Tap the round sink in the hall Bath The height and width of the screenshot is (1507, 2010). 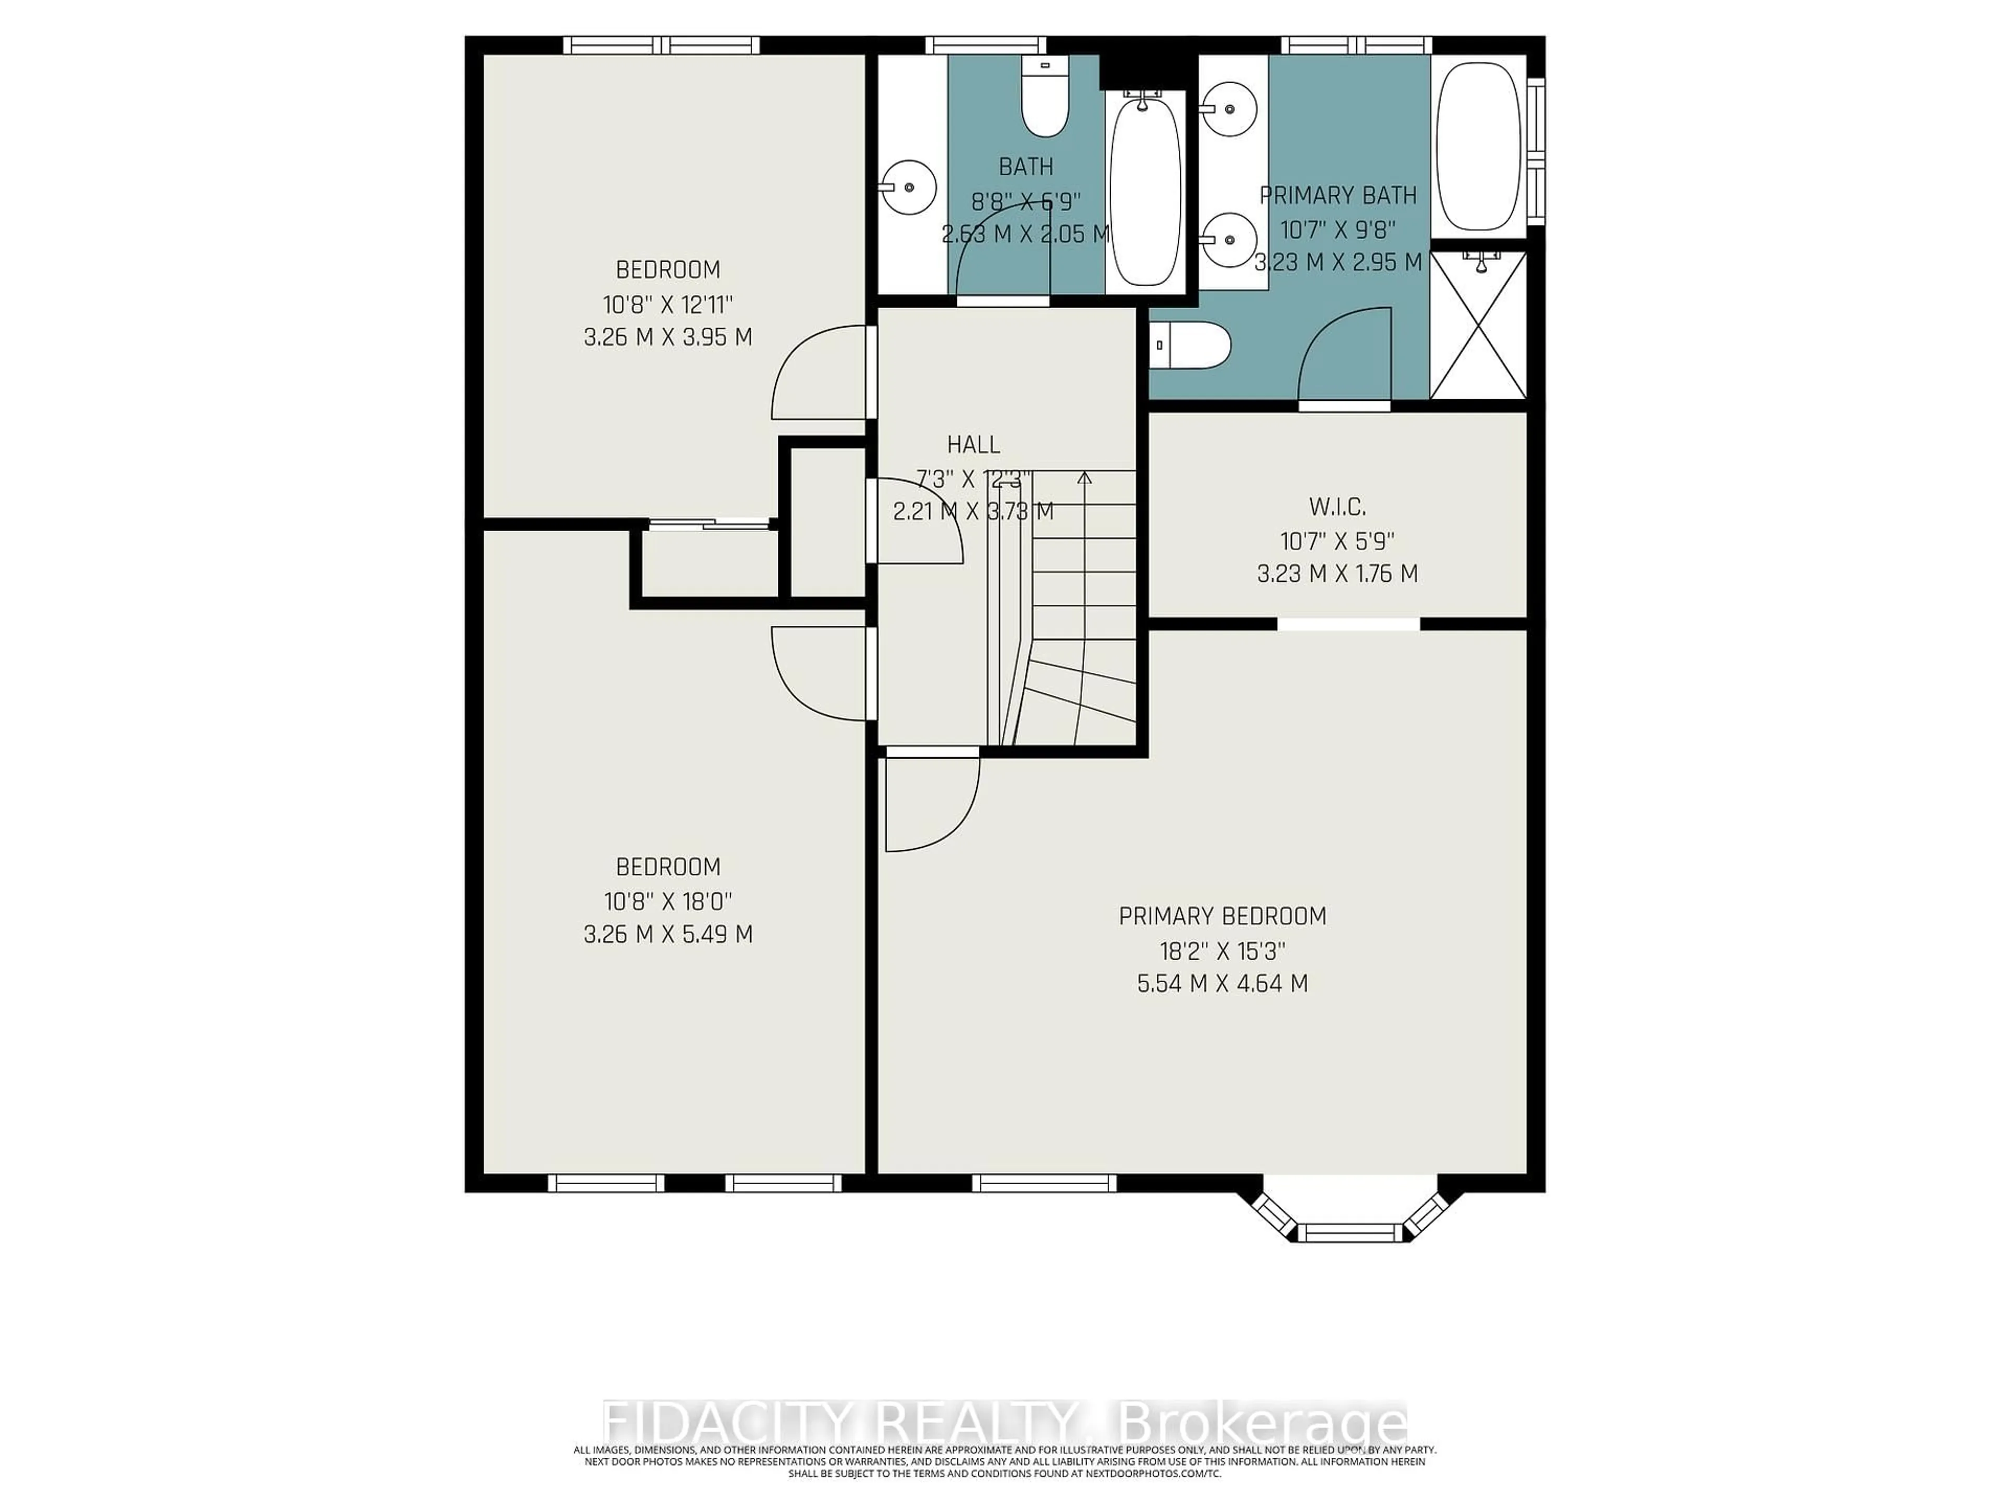point(909,187)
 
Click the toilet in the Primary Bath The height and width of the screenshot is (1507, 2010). point(1190,345)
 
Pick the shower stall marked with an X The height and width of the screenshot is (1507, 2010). point(1478,325)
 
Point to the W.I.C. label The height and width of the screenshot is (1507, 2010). point(1337,506)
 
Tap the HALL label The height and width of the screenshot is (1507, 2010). point(973,444)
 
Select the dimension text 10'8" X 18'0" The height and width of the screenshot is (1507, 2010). point(668,901)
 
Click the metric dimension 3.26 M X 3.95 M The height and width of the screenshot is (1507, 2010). point(668,337)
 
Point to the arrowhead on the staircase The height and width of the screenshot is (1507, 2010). point(1084,477)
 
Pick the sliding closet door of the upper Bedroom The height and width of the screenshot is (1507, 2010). point(709,523)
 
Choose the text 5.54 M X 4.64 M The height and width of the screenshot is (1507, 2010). point(1222,983)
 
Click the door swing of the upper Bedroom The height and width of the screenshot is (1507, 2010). point(818,373)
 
